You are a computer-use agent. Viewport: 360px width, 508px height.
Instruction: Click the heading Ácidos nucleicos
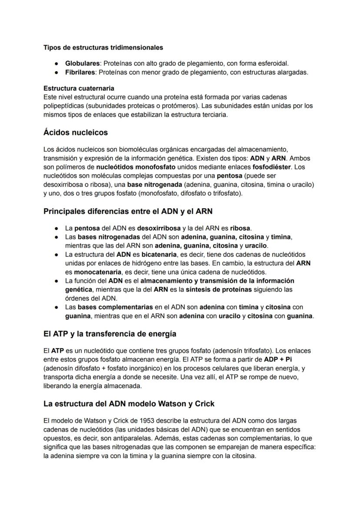76,132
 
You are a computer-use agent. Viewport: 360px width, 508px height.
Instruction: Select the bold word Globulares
82,63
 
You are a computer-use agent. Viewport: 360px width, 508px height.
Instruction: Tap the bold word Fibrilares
80,72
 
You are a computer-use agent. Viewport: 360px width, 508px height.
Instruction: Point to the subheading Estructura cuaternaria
79,88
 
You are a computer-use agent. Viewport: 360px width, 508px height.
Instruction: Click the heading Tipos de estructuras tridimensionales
103,47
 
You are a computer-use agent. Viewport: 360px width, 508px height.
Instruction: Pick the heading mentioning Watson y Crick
129,404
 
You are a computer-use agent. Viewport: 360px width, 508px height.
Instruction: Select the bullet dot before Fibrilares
57,73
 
